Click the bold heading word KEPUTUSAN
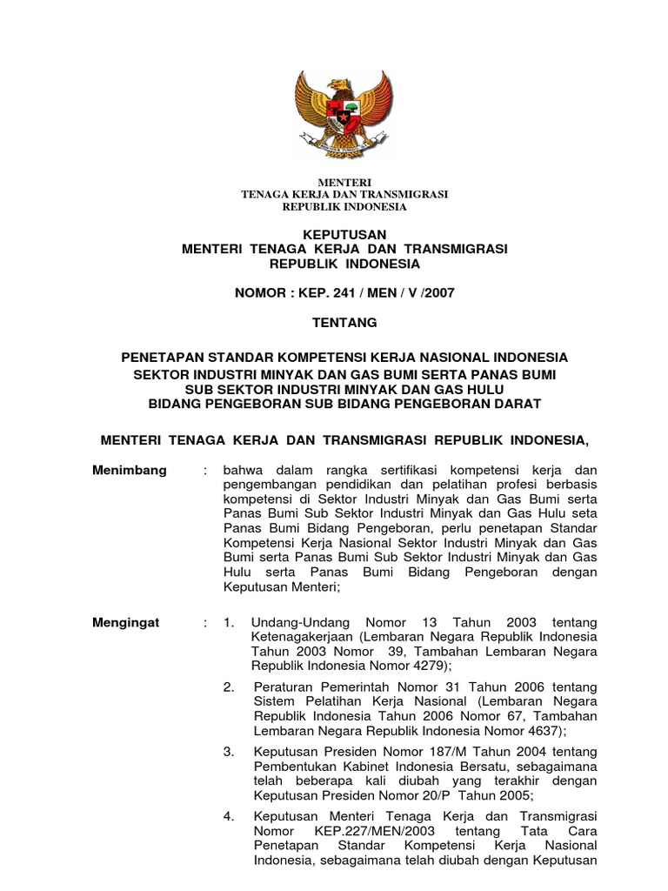pos(344,235)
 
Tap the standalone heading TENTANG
pos(344,323)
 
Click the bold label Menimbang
pos(129,471)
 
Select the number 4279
pos(426,666)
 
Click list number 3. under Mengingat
pos(229,751)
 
